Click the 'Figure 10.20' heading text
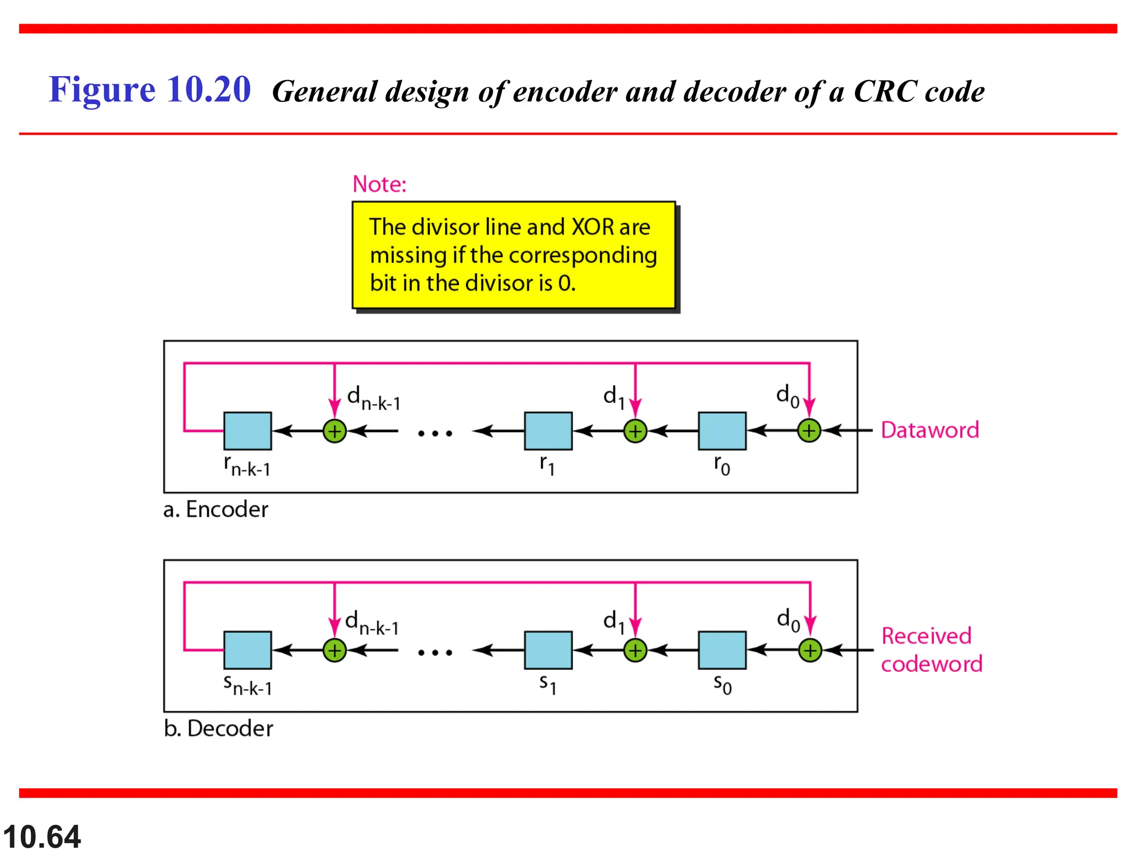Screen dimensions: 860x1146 point(149,90)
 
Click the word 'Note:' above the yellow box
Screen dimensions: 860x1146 point(379,184)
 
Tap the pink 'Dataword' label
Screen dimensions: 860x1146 point(929,430)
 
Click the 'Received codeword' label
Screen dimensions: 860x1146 point(931,650)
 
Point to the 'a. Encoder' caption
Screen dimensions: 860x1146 point(215,510)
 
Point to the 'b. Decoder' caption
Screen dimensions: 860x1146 point(218,728)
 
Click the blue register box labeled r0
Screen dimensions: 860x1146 point(722,431)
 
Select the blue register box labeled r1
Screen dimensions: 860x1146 point(548,431)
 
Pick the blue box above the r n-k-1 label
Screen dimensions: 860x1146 point(247,431)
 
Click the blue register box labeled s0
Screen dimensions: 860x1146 point(722,650)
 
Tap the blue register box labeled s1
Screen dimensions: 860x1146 point(548,650)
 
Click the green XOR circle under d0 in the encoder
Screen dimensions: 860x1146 point(809,431)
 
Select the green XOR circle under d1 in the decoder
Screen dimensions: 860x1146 point(635,651)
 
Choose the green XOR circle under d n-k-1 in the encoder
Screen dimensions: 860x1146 point(335,431)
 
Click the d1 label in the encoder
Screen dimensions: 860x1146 point(614,396)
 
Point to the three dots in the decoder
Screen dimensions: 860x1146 point(435,652)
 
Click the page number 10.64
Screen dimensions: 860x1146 point(42,837)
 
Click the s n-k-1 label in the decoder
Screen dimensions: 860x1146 point(247,685)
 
